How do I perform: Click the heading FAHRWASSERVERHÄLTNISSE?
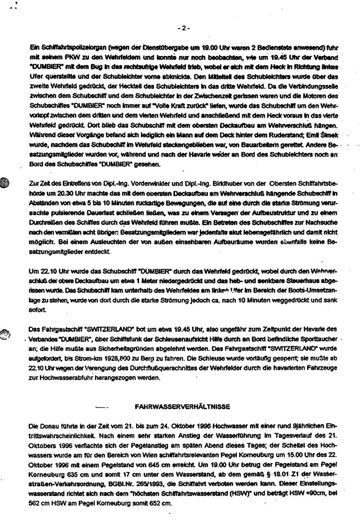182,407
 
